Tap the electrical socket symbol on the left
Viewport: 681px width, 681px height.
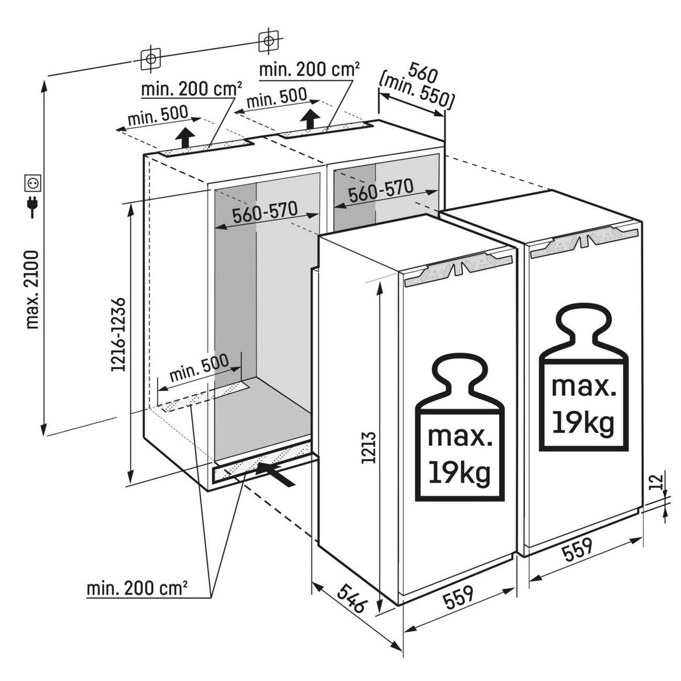(32, 183)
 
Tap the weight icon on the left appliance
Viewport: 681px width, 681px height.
(460, 428)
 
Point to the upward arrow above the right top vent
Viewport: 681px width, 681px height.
(311, 120)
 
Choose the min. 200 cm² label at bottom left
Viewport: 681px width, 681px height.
(137, 589)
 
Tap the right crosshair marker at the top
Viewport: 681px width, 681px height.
(268, 41)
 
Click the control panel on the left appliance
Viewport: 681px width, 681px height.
(459, 268)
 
